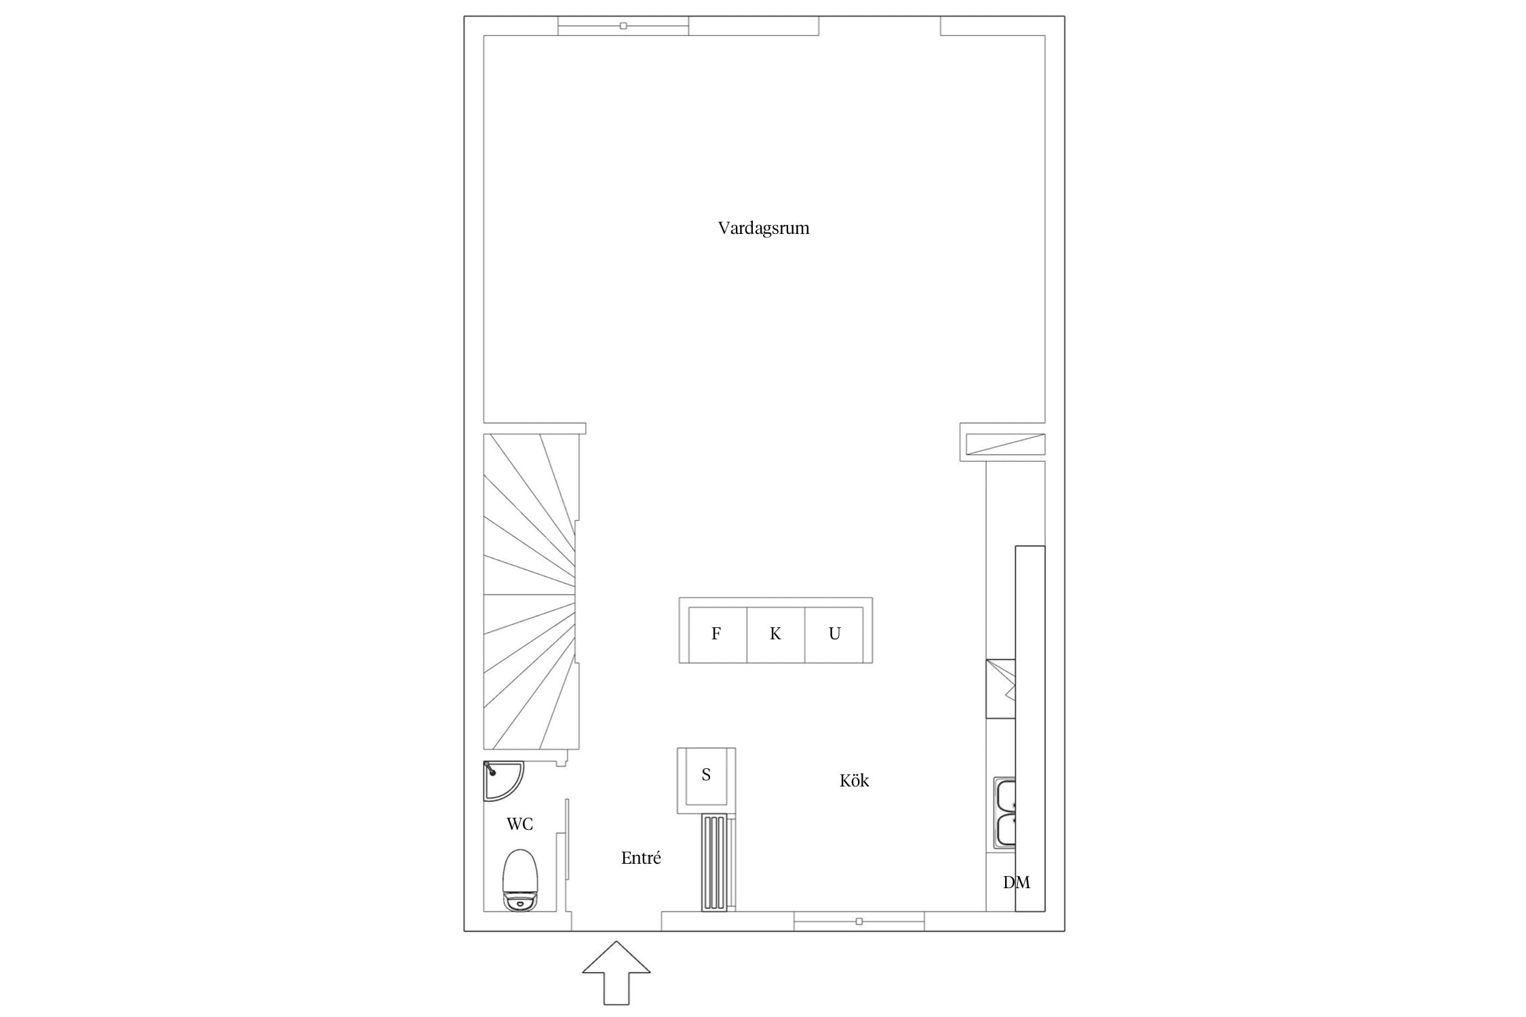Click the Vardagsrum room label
[x=764, y=228]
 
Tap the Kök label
[x=854, y=780]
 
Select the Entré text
[x=641, y=858]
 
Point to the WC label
[x=520, y=824]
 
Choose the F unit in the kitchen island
[x=717, y=634]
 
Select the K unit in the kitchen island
[x=775, y=634]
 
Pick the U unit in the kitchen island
[x=834, y=634]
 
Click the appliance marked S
[x=706, y=780]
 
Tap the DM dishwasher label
[x=1016, y=882]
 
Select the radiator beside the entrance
[x=714, y=862]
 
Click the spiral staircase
[x=531, y=591]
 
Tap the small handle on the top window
[x=623, y=26]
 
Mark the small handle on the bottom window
[x=859, y=921]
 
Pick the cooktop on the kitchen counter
[x=1001, y=688]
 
